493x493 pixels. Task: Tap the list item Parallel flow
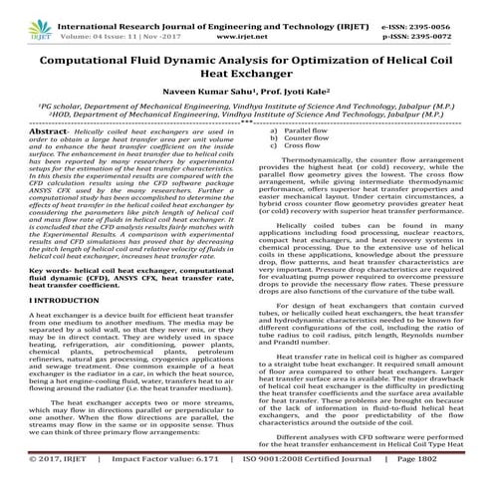click(x=305, y=130)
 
